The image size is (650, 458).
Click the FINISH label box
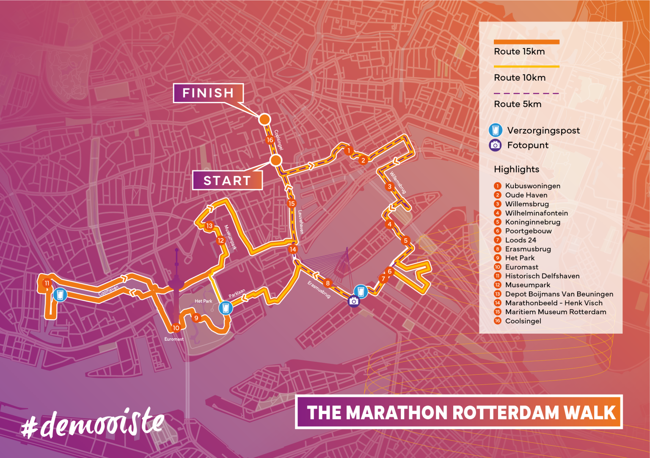[x=208, y=93]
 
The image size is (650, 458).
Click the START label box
[x=227, y=181]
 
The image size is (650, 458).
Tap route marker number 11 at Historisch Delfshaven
[x=47, y=283]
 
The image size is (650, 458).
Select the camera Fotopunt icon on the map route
[x=354, y=301]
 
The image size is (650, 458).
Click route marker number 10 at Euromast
[x=176, y=328]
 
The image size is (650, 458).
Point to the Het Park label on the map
[x=203, y=301]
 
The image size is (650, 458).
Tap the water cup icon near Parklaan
[x=226, y=308]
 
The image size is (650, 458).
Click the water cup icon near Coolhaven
[x=60, y=294]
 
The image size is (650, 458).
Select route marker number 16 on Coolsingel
[x=270, y=140]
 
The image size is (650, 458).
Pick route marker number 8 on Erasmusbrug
[x=328, y=283]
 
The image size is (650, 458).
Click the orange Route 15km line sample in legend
[x=526, y=42]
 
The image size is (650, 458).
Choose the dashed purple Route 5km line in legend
[x=526, y=93]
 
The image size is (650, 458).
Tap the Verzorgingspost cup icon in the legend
[x=495, y=130]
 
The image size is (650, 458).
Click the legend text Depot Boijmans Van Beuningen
[x=559, y=294]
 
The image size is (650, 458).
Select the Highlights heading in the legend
[x=516, y=169]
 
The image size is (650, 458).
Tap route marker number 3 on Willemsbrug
[x=389, y=186]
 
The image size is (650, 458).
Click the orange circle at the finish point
[x=264, y=119]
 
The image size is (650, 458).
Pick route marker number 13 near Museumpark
[x=209, y=226]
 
